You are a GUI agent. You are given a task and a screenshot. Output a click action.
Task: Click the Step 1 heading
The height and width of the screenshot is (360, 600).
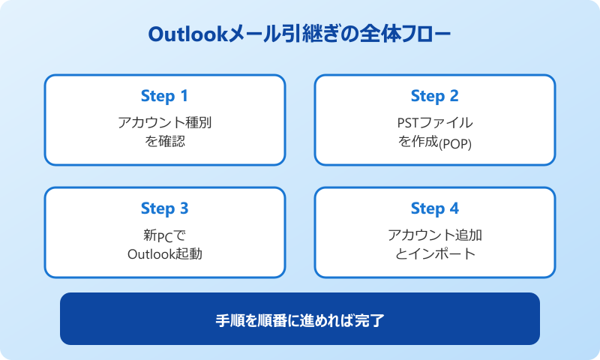click(164, 96)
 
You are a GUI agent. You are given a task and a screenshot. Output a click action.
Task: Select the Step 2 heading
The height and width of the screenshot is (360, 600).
click(434, 96)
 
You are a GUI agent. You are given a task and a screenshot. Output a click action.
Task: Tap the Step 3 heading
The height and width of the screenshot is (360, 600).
click(164, 208)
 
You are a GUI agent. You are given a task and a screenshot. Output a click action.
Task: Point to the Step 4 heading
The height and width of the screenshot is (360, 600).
click(434, 208)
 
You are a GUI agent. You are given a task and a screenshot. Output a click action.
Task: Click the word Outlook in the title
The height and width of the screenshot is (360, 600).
click(193, 35)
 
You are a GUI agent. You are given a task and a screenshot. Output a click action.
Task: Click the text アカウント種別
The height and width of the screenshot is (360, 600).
click(164, 121)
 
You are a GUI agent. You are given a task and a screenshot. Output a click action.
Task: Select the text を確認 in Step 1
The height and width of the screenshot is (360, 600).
click(164, 140)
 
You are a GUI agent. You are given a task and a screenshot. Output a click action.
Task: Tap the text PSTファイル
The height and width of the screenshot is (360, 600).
click(434, 121)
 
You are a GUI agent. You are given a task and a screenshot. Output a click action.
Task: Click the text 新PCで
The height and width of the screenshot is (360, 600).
click(164, 235)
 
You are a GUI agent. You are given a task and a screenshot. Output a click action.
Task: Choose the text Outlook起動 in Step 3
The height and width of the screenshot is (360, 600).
click(164, 253)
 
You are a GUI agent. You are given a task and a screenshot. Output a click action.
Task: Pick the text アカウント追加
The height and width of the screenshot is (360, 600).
click(434, 235)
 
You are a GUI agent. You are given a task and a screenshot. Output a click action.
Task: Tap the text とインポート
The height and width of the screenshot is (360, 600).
click(434, 253)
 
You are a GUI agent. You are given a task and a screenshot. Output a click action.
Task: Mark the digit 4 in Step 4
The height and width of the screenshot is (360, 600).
click(454, 208)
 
